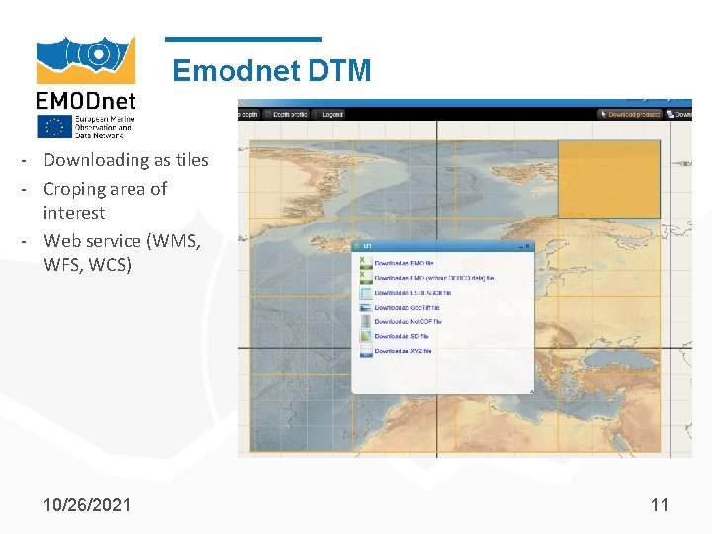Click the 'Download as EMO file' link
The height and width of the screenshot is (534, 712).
(404, 264)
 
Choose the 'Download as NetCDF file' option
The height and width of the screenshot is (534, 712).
(407, 322)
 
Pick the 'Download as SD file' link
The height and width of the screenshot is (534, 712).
(401, 337)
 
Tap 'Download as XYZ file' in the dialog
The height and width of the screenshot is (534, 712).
(403, 351)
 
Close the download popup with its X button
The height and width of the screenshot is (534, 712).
(528, 246)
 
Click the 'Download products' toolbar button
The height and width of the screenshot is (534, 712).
(633, 114)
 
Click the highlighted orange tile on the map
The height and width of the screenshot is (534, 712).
(609, 178)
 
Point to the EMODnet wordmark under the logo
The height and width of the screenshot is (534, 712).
(86, 101)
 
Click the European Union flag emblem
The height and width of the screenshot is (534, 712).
(53, 127)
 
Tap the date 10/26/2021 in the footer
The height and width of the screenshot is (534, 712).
(87, 504)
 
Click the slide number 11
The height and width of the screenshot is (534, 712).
(660, 504)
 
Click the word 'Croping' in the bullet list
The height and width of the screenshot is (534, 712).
(75, 188)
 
